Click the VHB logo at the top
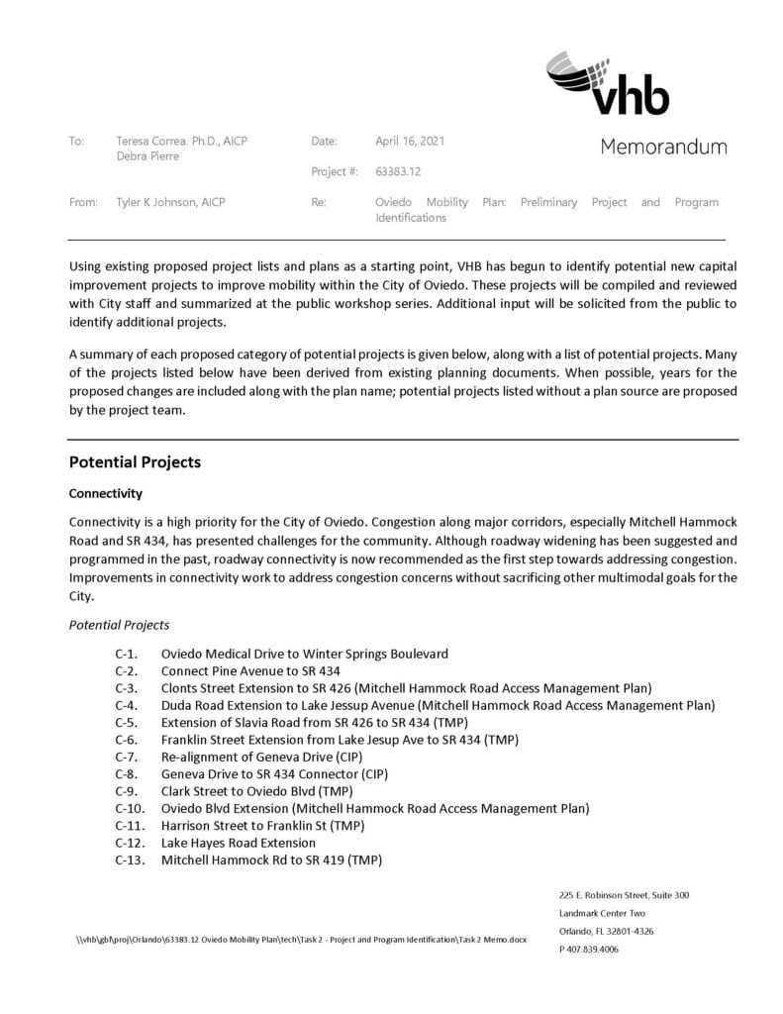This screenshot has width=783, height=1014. click(607, 83)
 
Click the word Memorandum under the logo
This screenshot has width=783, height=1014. click(663, 148)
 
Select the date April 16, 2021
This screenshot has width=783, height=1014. click(410, 141)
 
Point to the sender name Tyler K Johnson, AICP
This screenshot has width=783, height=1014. click(170, 202)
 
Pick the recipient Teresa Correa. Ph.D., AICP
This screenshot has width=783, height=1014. click(181, 141)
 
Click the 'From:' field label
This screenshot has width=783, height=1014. click(83, 202)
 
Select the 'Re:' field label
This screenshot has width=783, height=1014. click(319, 202)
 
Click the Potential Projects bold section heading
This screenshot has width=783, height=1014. click(135, 462)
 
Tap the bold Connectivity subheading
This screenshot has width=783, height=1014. click(105, 493)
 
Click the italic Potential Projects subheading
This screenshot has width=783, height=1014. click(119, 625)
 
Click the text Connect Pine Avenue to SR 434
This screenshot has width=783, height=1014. click(250, 670)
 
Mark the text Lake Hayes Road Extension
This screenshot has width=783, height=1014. click(239, 843)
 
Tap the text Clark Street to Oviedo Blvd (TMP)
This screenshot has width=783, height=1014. click(256, 791)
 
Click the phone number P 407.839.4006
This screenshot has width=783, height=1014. click(588, 949)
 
